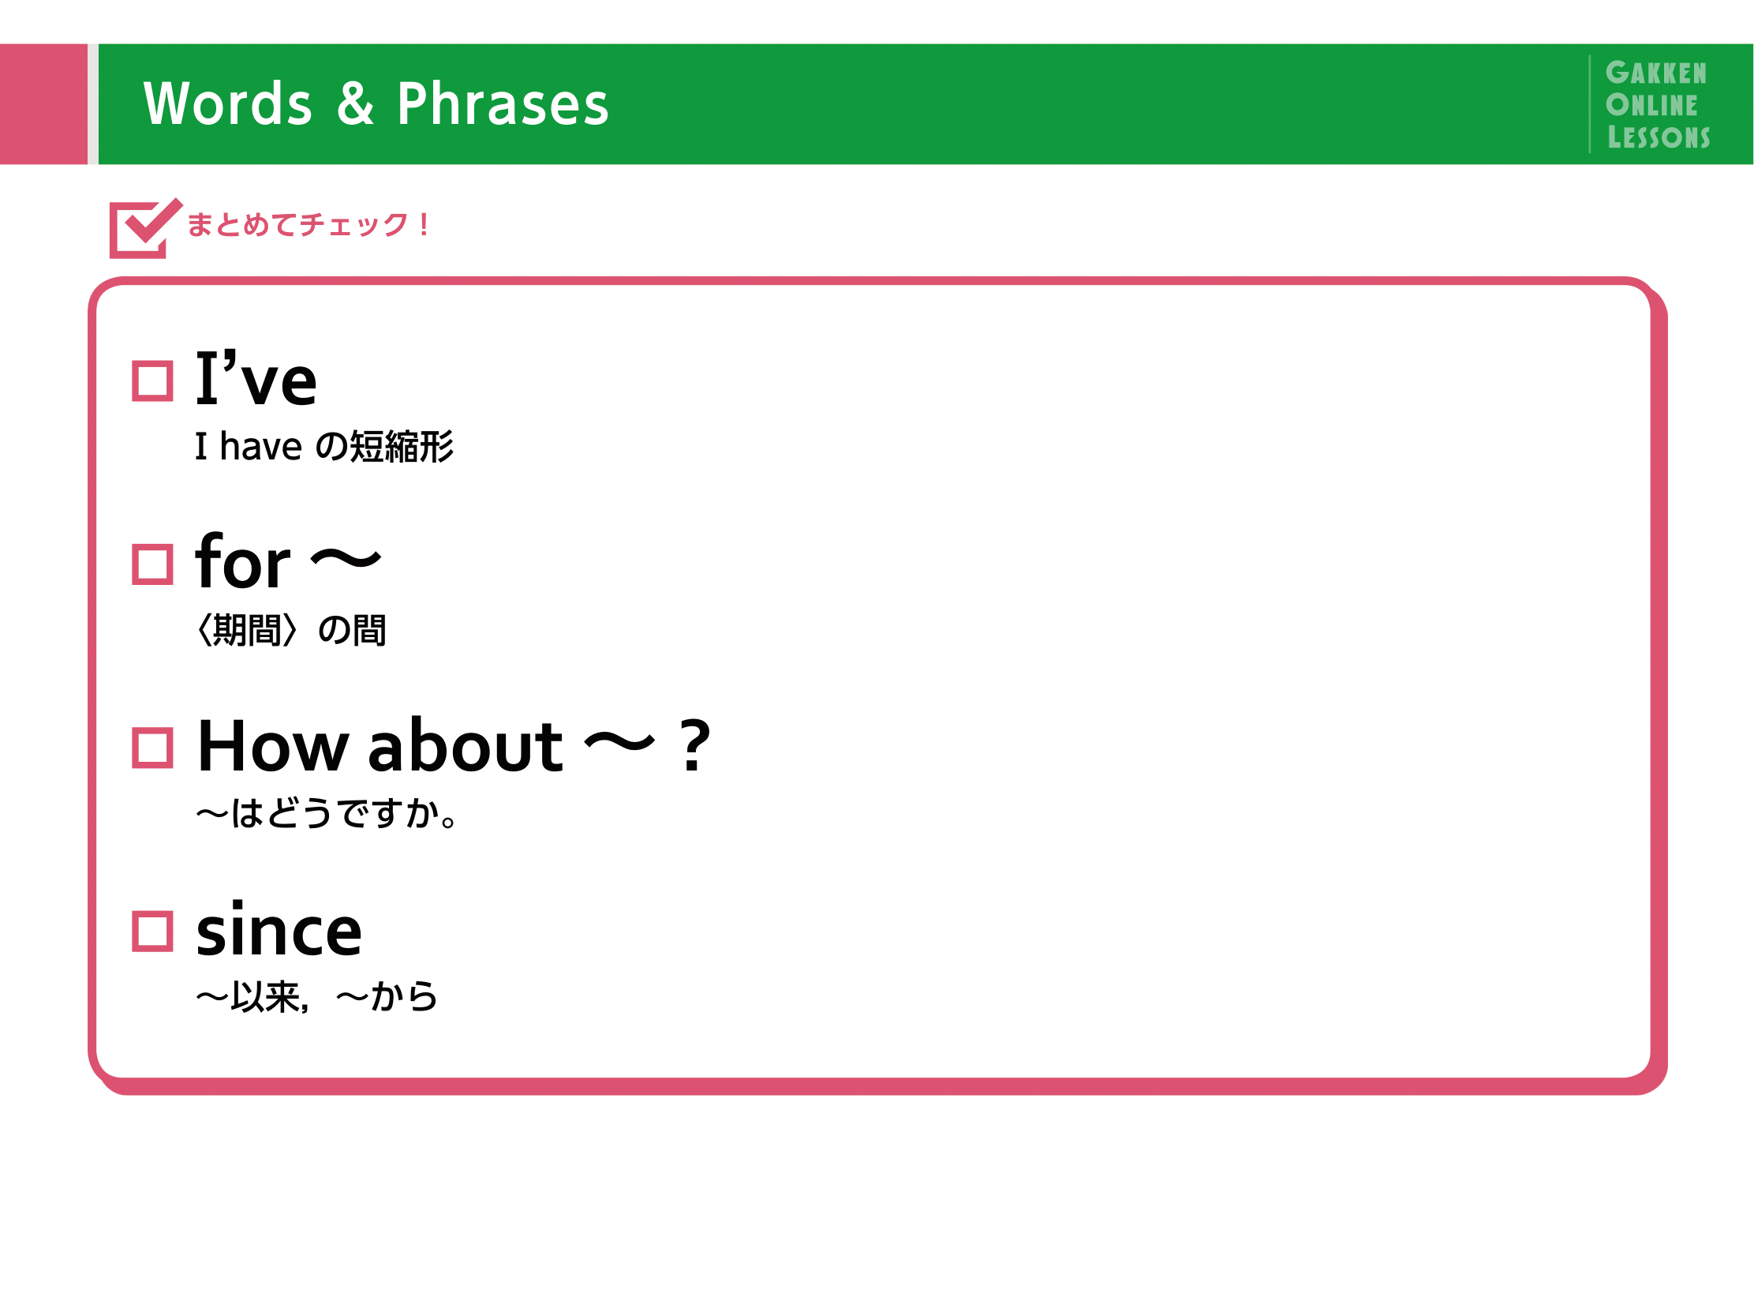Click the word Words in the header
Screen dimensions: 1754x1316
tap(227, 104)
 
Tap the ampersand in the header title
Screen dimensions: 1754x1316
tap(354, 103)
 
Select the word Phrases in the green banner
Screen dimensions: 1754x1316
tap(503, 104)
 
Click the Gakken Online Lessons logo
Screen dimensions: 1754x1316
tap(1657, 105)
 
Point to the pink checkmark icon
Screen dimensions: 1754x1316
tap(144, 228)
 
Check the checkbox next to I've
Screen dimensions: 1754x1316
tap(152, 381)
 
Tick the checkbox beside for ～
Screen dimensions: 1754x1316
tap(152, 564)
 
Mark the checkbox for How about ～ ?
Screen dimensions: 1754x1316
tap(152, 748)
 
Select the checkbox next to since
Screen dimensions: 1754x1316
tap(152, 931)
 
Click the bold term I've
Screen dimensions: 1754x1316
tap(256, 377)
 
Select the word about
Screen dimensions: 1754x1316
tap(466, 744)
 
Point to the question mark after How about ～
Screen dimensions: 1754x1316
tap(694, 745)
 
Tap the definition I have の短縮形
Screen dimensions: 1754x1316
tap(324, 446)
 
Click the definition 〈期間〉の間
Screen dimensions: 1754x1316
tap(291, 630)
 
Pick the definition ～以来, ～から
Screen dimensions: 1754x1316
tap(316, 996)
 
